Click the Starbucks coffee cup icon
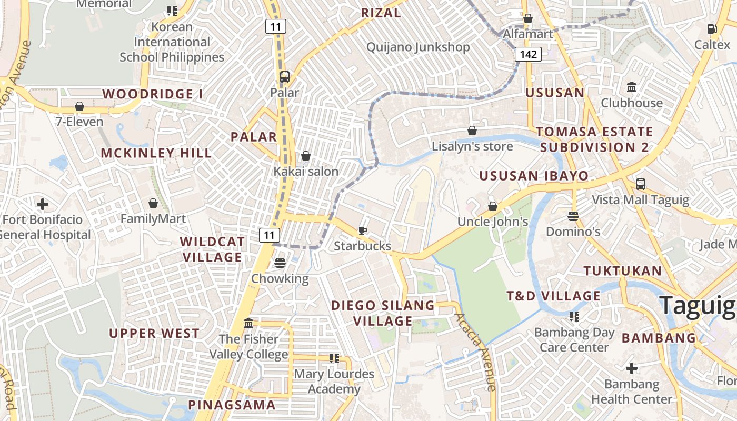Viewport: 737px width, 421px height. coord(362,230)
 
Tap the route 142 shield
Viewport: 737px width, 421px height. coord(528,54)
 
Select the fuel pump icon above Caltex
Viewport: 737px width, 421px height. coord(712,29)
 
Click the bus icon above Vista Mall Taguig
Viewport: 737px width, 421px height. coord(640,184)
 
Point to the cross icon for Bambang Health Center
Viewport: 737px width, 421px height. coord(632,368)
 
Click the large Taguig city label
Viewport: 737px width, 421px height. coord(698,306)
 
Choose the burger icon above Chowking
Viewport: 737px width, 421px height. coord(280,263)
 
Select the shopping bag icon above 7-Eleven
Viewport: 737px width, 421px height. coord(79,107)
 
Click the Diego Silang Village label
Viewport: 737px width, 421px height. coord(383,313)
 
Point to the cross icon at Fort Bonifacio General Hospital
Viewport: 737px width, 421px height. coord(43,204)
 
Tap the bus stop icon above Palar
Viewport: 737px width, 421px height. coord(285,77)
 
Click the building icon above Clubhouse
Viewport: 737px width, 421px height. coord(632,87)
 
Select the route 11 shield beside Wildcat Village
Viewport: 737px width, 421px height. coord(269,235)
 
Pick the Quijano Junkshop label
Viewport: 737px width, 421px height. coord(418,47)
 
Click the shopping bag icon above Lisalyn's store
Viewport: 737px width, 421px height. coord(472,131)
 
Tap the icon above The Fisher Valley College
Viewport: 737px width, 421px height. coord(248,323)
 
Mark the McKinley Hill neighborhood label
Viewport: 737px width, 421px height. coord(156,153)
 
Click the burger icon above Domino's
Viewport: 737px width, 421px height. coord(573,216)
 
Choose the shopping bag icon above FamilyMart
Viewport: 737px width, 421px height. coord(153,203)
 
